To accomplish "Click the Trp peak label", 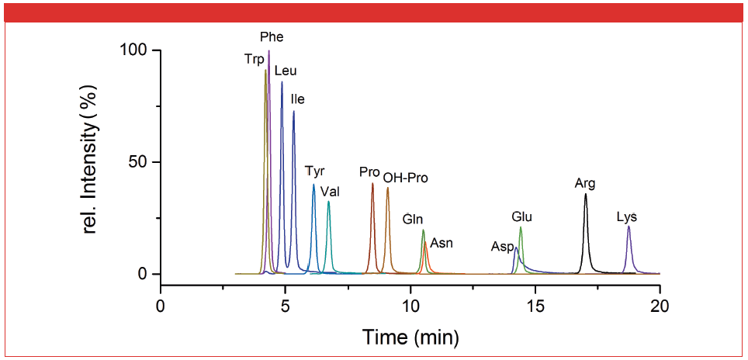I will click(255, 59).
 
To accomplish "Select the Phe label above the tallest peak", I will click(271, 36).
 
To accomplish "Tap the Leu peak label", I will click(286, 71).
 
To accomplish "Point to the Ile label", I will click(297, 99).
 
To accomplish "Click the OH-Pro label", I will click(405, 178).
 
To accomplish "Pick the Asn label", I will click(442, 243).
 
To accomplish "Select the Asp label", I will click(502, 247).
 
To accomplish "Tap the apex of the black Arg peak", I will click(586, 194).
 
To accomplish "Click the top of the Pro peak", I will click(372, 184).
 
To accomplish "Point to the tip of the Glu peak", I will click(521, 227).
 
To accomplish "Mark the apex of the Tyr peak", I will click(313, 185).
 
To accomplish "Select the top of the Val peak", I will click(328, 202).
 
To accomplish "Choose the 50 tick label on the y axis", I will click(140, 162).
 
